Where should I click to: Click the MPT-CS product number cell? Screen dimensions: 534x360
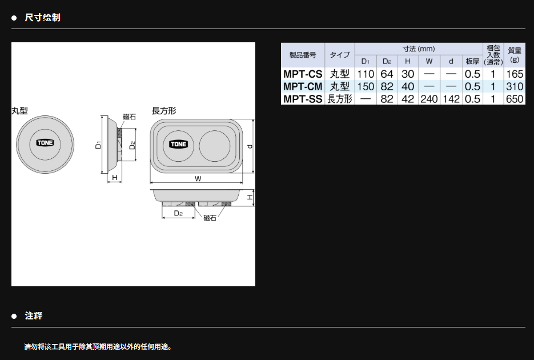click(x=303, y=74)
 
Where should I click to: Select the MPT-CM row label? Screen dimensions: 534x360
click(x=303, y=86)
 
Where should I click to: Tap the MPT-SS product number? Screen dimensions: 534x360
click(x=303, y=99)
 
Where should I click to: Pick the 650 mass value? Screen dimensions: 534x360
click(x=514, y=99)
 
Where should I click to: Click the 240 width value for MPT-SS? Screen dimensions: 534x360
click(x=429, y=99)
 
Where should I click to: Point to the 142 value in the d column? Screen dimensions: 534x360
click(x=451, y=99)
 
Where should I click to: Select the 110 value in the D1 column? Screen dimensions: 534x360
click(x=366, y=74)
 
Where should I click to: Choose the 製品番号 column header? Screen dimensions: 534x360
click(x=303, y=55)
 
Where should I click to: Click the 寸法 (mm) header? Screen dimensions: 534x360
click(x=419, y=49)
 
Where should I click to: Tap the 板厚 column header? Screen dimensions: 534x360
click(x=472, y=61)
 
